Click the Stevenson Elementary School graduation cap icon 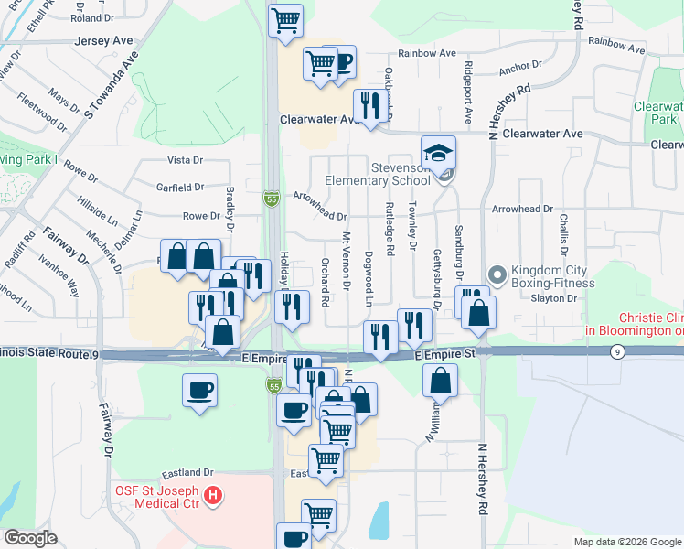(439, 152)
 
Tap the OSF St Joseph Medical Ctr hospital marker (213, 496)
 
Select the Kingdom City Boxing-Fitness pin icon (497, 274)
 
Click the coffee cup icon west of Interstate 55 (199, 391)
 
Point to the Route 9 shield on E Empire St (618, 352)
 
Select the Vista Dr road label (186, 160)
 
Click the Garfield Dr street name (179, 188)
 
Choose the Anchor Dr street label (520, 69)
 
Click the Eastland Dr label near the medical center (187, 473)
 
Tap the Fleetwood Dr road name (41, 111)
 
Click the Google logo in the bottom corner (30, 538)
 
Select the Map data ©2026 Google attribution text (626, 542)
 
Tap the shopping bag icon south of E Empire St (441, 380)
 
